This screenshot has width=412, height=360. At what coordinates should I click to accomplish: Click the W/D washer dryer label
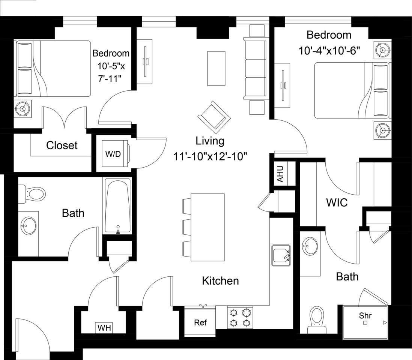pos(113,154)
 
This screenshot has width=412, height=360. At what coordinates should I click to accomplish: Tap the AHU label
pos(280,174)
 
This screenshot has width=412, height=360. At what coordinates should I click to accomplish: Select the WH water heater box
pos(104,328)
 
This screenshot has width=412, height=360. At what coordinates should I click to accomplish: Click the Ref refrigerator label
pos(200,322)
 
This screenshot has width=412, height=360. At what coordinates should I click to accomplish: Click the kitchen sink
pos(281,255)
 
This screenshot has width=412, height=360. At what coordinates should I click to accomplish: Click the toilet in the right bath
pos(317,318)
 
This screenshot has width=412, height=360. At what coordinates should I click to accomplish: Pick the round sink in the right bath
pos(310,246)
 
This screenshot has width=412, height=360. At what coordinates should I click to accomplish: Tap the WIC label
pos(337,203)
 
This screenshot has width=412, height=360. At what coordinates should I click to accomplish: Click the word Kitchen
pos(220,280)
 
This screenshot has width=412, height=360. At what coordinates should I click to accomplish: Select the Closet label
pos(62,145)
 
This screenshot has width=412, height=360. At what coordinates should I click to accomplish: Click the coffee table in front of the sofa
pos(217,68)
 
